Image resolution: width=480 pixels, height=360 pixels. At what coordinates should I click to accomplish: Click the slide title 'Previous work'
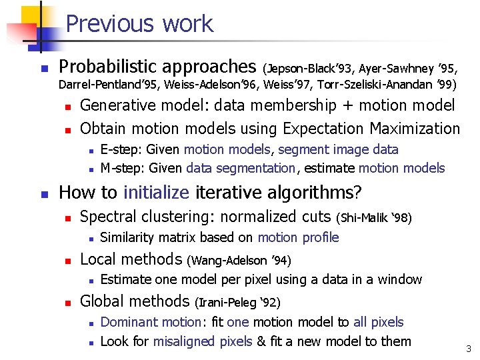coord(139,24)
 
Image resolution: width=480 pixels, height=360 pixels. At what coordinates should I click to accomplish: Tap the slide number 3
coord(469,349)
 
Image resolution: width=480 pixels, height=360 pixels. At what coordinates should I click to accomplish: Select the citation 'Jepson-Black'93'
coord(309,68)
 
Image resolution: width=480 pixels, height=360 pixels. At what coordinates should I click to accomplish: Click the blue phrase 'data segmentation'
coord(241,168)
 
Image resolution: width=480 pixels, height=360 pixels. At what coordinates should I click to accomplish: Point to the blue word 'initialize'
coord(156,193)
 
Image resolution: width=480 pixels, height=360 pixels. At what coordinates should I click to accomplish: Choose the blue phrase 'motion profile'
coord(298,237)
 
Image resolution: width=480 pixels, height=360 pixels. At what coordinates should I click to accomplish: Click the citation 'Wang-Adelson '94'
coord(243,260)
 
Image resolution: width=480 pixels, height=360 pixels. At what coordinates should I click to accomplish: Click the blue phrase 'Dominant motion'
coord(150,322)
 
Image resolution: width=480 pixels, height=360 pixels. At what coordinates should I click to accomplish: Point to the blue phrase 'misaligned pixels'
coord(202,341)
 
